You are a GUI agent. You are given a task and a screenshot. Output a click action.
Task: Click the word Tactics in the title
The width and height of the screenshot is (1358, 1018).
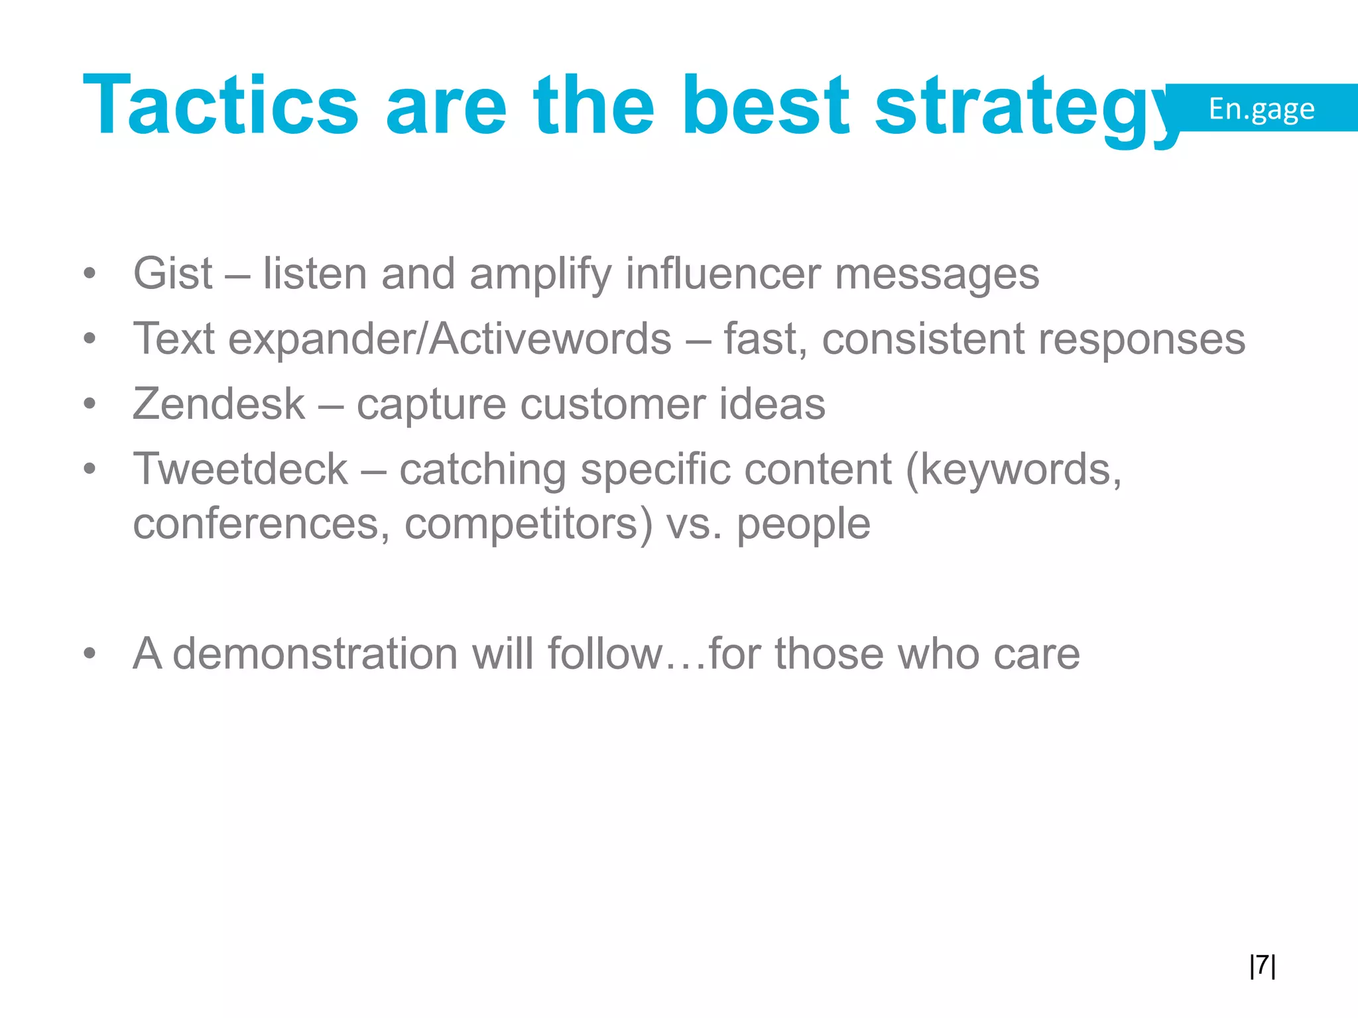coord(220,106)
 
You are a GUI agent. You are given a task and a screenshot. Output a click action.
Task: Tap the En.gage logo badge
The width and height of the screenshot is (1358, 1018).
coord(1261,108)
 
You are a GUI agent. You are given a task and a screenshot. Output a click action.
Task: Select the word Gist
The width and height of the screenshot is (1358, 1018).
coord(172,273)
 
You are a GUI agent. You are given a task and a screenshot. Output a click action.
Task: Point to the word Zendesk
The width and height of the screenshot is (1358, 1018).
coord(219,404)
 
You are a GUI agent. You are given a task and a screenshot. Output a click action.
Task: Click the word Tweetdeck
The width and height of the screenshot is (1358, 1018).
coord(240,469)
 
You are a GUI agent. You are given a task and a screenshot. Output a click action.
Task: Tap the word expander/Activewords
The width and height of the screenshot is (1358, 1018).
coord(450,339)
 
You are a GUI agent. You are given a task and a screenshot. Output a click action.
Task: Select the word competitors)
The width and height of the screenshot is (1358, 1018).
coord(528,524)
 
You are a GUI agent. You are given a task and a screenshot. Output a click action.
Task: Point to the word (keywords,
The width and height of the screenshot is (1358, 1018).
coord(1013,469)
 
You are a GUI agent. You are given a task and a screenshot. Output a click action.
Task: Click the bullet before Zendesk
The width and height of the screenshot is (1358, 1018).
coord(90,404)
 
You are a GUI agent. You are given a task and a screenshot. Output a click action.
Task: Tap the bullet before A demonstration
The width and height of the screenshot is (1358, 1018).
coord(90,653)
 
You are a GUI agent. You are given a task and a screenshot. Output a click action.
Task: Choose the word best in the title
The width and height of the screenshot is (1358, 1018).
coord(766,106)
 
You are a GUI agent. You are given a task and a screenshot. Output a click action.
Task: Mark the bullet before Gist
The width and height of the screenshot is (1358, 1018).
coord(90,273)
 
